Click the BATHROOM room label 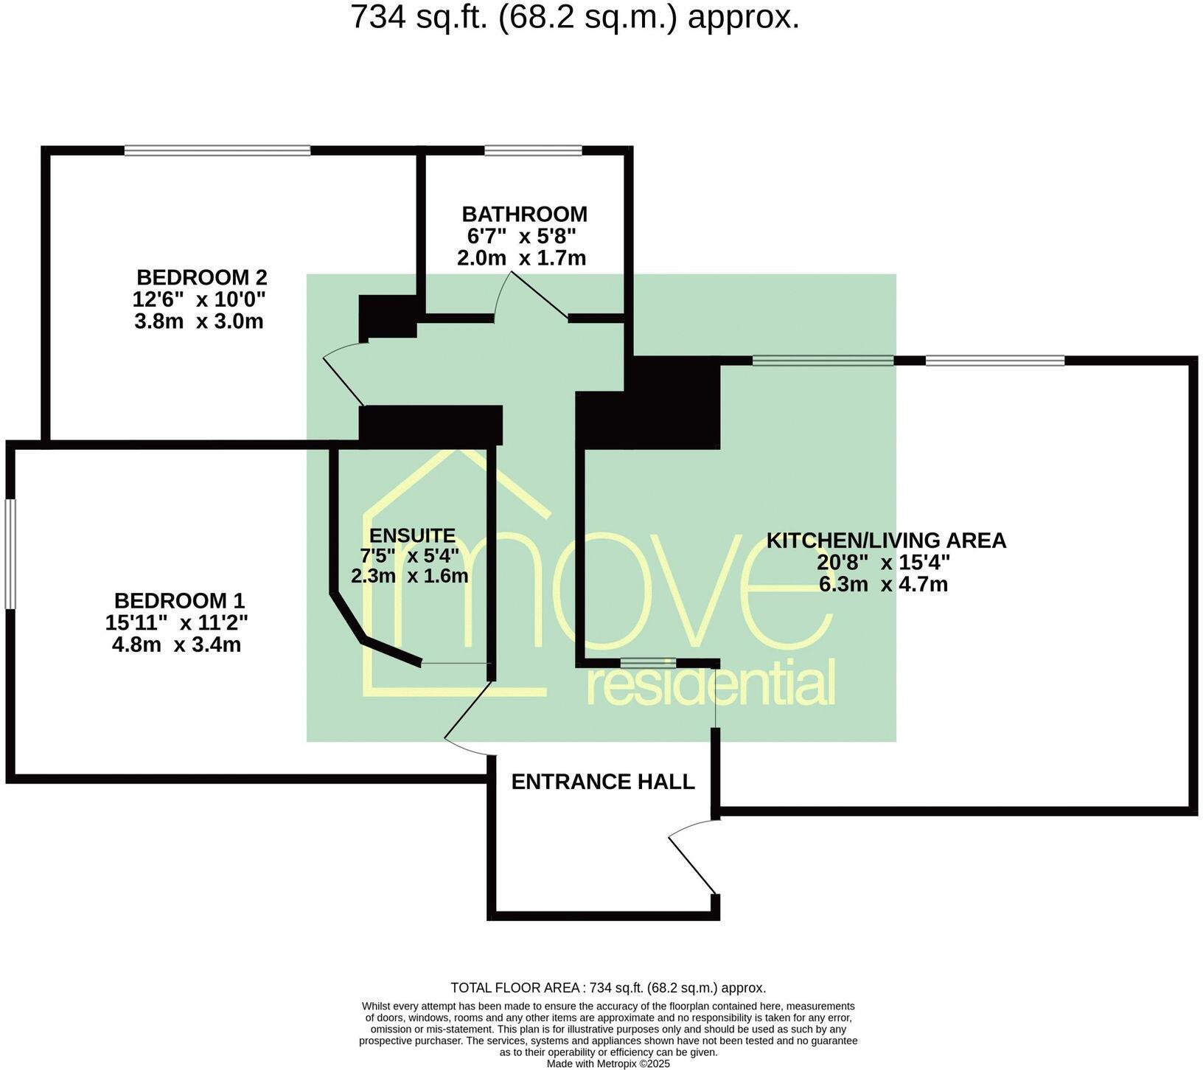524,215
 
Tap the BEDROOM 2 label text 201,278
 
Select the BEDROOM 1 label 179,600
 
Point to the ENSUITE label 412,535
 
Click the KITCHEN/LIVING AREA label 885,541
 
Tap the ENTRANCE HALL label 602,782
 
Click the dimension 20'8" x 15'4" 883,563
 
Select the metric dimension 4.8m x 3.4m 176,645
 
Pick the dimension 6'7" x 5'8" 521,237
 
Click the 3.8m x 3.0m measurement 198,322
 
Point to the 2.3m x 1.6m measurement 409,576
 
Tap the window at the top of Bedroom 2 217,150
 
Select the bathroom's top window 533,150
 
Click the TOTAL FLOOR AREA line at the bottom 607,988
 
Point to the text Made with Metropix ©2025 607,1064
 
